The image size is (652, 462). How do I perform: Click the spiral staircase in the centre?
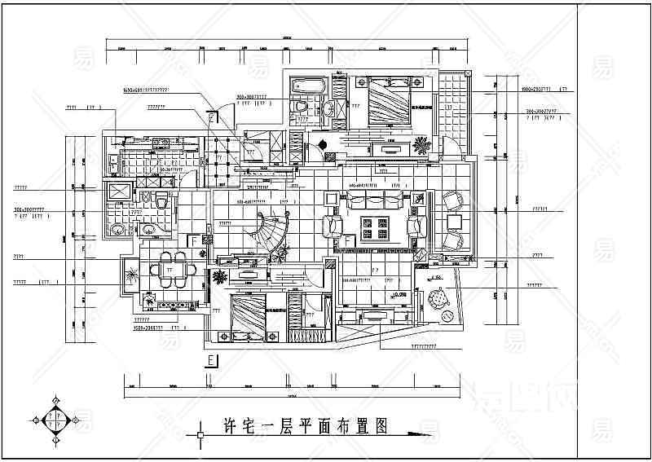[x=270, y=231]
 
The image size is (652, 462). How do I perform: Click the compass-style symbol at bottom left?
[x=55, y=420]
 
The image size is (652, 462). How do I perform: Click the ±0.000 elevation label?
[x=400, y=295]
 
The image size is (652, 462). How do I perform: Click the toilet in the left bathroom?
[x=161, y=201]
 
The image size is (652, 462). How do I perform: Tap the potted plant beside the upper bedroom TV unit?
[x=421, y=146]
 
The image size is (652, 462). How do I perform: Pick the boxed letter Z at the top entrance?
[x=213, y=117]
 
